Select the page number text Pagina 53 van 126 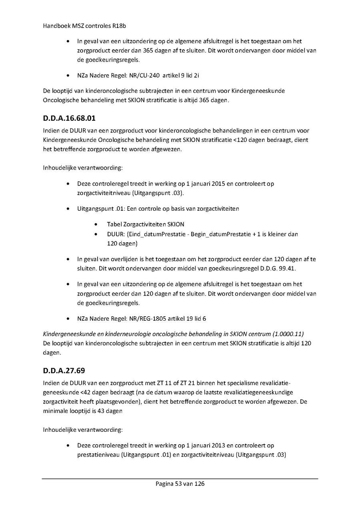tap(180, 484)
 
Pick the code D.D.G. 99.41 tap(278, 268)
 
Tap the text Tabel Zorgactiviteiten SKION tap(146, 224)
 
